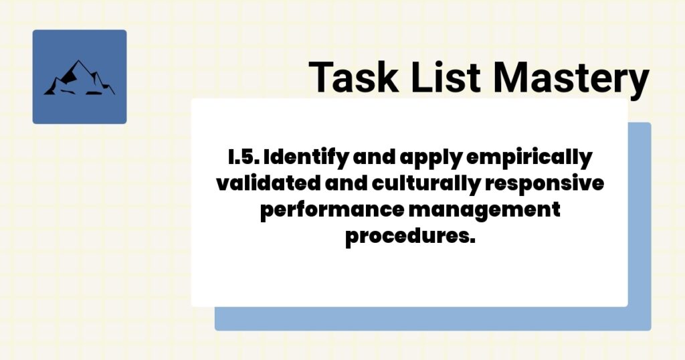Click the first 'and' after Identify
[379, 159]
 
